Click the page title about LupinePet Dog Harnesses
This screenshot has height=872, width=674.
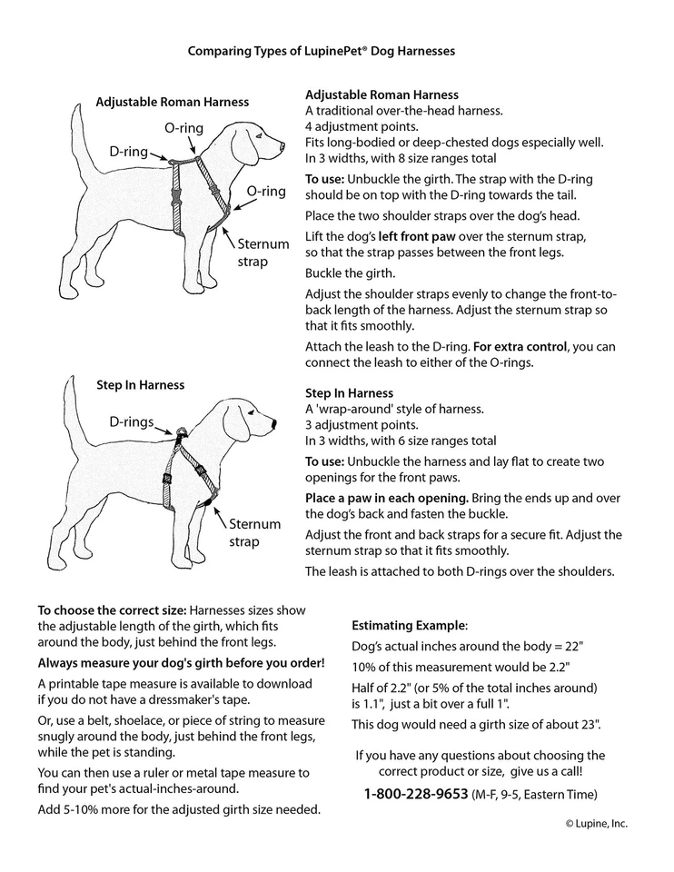(x=321, y=52)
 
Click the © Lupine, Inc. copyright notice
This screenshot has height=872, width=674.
(x=596, y=824)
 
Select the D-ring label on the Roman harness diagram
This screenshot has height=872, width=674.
(x=129, y=152)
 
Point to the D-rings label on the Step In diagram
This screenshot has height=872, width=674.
(x=132, y=422)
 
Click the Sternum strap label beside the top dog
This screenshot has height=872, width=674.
(x=263, y=253)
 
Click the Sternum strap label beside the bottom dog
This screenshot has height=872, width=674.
(x=255, y=533)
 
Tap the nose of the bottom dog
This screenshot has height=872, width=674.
(x=273, y=422)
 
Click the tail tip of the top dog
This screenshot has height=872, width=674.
(x=75, y=109)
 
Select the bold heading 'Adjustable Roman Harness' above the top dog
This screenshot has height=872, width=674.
(x=173, y=103)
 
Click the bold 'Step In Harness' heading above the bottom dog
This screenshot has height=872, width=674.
(x=141, y=385)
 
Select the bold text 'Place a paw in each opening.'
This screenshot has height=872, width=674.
(x=386, y=499)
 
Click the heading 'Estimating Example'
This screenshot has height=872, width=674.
(x=410, y=626)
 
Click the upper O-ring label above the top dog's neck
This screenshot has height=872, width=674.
(x=183, y=129)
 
